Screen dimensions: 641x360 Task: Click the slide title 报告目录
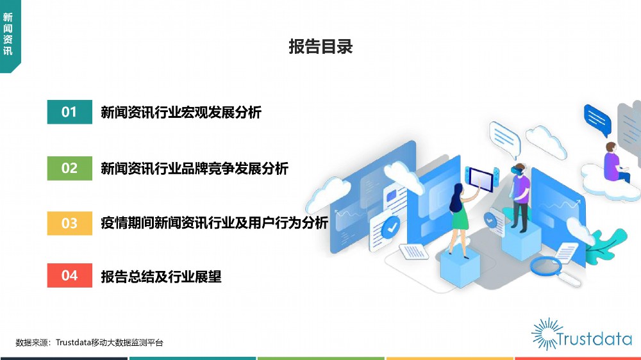(320, 47)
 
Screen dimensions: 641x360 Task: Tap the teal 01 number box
(69, 111)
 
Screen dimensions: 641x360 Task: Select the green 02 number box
(69, 168)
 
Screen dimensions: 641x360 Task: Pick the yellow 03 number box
(69, 223)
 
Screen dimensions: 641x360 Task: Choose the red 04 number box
(69, 275)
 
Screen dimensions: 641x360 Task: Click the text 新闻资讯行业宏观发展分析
(181, 112)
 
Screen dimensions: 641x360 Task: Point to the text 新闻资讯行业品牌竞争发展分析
(195, 168)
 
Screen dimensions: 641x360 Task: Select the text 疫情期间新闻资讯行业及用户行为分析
(215, 223)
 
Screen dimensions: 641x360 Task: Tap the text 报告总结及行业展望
(161, 277)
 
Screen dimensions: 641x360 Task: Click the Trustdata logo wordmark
(594, 339)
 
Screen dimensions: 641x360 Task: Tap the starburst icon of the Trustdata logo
(546, 334)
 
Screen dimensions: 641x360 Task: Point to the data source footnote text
(89, 343)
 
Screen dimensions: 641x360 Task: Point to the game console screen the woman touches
(481, 179)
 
